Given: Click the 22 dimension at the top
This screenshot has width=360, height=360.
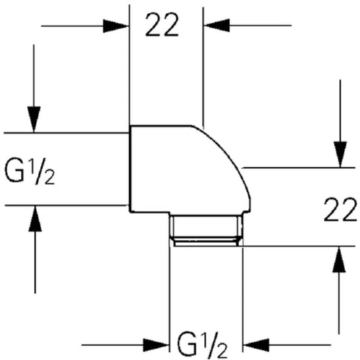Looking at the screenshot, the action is click(x=162, y=24).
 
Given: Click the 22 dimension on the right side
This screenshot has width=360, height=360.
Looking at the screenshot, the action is click(x=340, y=209).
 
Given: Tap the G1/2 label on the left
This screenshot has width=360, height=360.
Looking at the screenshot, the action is click(x=30, y=171).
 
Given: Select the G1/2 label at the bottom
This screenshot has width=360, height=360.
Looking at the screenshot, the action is click(x=202, y=344).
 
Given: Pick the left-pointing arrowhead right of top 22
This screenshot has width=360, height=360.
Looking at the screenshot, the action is click(x=217, y=25).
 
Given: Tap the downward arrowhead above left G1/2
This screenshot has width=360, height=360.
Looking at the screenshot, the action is click(x=34, y=120).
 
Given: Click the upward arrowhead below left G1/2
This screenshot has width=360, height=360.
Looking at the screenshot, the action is click(x=35, y=219).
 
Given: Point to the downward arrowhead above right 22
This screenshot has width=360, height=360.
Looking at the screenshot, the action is click(x=340, y=155).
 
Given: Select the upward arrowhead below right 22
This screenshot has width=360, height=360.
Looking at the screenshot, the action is click(x=339, y=259).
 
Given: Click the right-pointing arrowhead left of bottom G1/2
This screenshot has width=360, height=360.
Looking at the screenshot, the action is click(x=156, y=345).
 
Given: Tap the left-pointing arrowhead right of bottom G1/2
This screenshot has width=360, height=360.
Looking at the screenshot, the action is click(x=256, y=345).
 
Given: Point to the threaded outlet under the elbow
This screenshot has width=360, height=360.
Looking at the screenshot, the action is click(x=206, y=230).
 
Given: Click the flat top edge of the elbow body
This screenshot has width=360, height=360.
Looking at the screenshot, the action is click(x=161, y=126).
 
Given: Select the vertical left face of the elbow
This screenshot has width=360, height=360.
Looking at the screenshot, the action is click(x=130, y=169).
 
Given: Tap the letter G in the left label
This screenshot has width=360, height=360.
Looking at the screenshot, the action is click(x=14, y=170).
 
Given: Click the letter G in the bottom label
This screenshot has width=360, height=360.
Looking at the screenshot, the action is click(x=187, y=344).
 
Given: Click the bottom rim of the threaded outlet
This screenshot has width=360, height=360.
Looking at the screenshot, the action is click(x=206, y=246).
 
